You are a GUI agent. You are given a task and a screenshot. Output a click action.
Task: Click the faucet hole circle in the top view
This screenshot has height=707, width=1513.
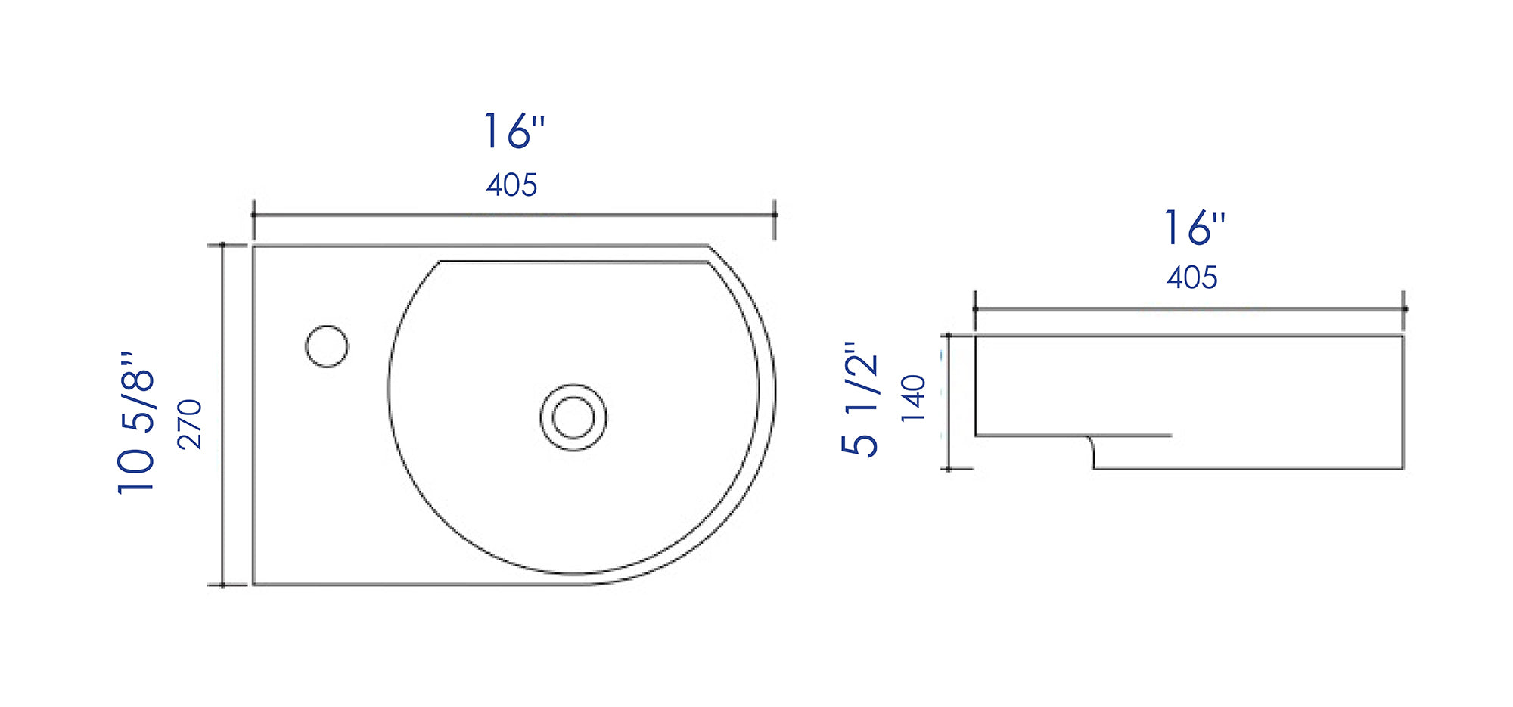tap(327, 346)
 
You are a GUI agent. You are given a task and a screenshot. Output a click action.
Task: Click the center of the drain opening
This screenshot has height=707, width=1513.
tap(573, 417)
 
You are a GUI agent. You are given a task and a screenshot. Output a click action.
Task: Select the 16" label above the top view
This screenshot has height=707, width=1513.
tap(514, 132)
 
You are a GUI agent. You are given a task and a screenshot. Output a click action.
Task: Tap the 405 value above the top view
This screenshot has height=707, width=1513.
tap(512, 185)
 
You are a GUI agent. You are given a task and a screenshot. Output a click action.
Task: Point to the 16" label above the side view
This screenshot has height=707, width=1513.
tap(1193, 228)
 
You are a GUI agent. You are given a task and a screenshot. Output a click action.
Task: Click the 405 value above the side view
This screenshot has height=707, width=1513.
tap(1191, 278)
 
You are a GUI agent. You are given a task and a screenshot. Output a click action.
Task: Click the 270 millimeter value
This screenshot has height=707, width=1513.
tap(190, 424)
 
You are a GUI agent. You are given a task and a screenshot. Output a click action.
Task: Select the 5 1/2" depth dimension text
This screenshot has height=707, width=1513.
tap(860, 398)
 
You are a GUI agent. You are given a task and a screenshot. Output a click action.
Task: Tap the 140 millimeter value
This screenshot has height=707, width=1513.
tap(914, 398)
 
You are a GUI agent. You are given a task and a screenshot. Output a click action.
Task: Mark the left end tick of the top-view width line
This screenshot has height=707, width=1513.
tap(253, 216)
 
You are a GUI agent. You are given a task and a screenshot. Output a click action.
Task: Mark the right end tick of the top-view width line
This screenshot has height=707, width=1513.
tap(774, 216)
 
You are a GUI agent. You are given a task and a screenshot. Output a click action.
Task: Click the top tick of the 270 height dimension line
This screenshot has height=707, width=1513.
tap(222, 245)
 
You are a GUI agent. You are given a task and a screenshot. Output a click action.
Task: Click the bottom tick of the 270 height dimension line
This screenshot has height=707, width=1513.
tap(222, 585)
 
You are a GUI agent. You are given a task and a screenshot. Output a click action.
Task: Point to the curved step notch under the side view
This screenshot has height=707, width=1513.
tap(1092, 451)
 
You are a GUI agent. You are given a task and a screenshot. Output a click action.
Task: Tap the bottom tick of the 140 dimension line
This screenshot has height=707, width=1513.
tap(949, 469)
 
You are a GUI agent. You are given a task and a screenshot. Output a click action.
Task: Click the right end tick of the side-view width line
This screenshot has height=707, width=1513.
tap(1404, 309)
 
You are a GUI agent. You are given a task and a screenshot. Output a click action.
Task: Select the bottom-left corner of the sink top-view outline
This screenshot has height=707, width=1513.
tap(253, 584)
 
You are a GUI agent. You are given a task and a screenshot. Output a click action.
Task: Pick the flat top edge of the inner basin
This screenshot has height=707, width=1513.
tap(573, 262)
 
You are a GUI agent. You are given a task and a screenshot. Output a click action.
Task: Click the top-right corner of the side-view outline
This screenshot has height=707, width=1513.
tap(1403, 336)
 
